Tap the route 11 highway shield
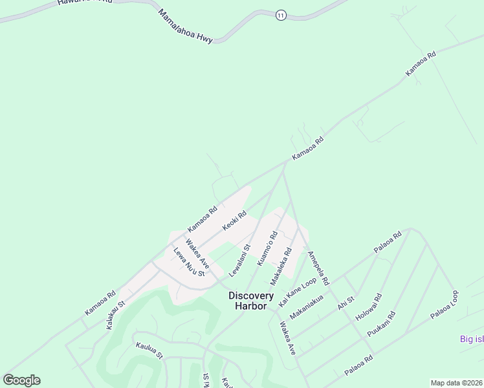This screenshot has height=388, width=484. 280,15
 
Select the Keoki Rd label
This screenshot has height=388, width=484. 234,221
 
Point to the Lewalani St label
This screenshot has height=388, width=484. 239,257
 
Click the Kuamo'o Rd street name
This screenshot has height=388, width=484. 267,247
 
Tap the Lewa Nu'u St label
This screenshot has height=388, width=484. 188,263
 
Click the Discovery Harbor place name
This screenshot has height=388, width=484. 248,301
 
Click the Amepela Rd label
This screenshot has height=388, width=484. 318,268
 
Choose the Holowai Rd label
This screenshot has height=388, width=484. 369,308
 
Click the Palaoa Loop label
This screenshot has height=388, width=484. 445,305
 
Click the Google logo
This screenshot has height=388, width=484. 21,380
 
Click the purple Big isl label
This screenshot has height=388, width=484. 471,339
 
